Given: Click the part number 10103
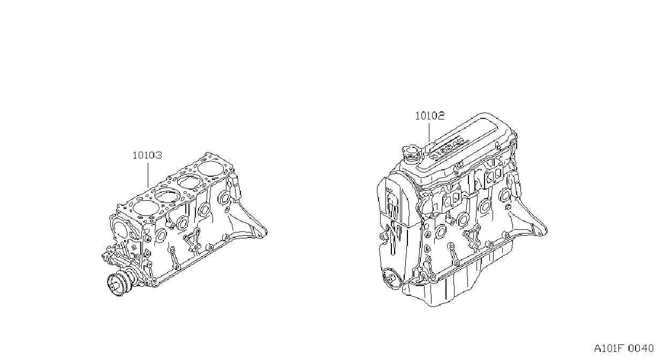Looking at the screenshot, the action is click(x=147, y=155).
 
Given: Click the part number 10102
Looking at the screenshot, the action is click(x=430, y=116).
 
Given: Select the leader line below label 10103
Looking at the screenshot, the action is click(x=148, y=175).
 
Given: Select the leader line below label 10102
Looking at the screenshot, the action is click(x=429, y=133).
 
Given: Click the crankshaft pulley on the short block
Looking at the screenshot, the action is click(x=118, y=284).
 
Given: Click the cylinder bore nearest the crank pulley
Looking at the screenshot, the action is click(x=146, y=207).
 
